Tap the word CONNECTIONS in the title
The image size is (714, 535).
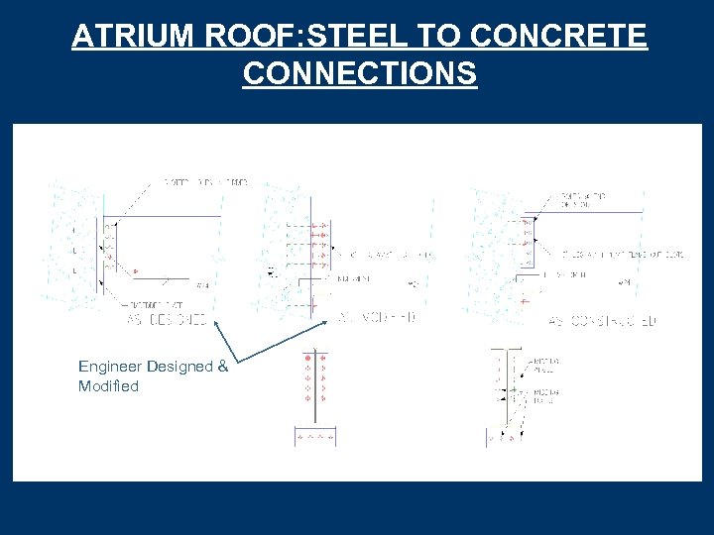[359, 73]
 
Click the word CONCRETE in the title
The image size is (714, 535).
[559, 38]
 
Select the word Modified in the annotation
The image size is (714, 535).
[108, 386]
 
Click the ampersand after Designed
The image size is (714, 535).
[222, 367]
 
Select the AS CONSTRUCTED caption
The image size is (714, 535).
[602, 321]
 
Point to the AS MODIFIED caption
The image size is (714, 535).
[378, 317]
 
